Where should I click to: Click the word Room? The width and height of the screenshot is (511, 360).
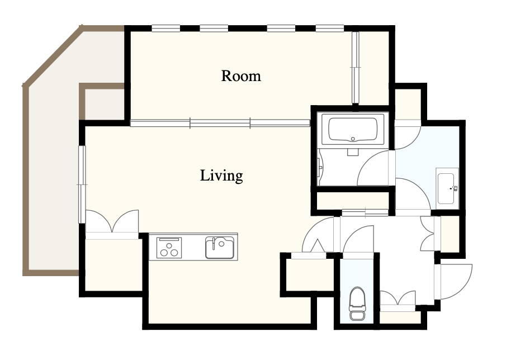click(x=241, y=76)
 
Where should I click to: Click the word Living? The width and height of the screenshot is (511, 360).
click(x=221, y=176)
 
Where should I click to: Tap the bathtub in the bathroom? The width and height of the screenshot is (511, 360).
click(x=353, y=129)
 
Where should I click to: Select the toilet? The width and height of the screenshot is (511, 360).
click(x=357, y=304)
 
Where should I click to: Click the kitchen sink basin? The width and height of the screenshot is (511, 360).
click(x=220, y=248)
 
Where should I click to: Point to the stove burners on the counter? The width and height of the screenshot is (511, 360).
click(x=169, y=248)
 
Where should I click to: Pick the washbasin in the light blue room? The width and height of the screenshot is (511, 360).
click(x=447, y=188)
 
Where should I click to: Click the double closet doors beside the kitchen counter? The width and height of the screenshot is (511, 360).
click(x=112, y=221)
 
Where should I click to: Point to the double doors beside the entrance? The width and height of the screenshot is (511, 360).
click(x=398, y=298)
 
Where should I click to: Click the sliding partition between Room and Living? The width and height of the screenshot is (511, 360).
click(x=220, y=123)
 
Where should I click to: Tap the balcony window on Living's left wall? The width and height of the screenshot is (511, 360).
click(x=82, y=184)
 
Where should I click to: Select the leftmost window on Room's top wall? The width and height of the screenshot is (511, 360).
click(x=166, y=29)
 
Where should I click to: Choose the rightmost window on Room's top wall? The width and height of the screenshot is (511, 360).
click(x=330, y=29)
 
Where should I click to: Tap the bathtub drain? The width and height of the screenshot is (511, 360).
click(x=353, y=139)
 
